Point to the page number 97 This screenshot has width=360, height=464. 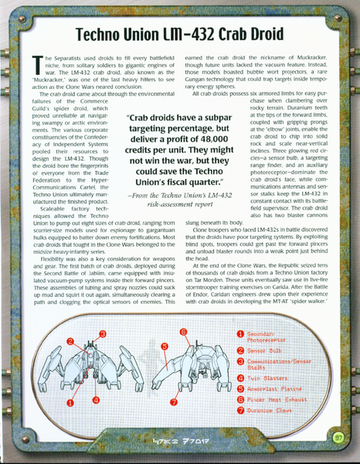[x=338, y=438]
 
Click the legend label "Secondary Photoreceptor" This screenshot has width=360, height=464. [x=267, y=335]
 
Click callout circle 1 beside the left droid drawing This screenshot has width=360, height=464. [x=70, y=402]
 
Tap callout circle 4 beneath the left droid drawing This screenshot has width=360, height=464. [x=96, y=400]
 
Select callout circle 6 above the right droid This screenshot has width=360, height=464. [x=183, y=332]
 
